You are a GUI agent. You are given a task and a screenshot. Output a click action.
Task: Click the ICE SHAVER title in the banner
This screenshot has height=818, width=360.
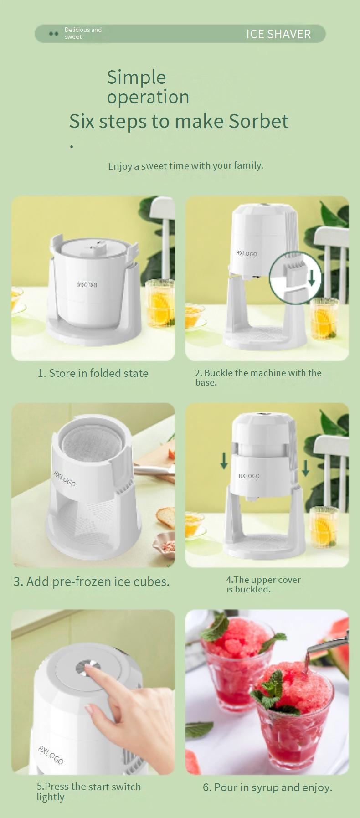[x=278, y=34]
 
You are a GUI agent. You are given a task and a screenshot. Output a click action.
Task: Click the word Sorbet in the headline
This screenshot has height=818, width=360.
[x=258, y=121]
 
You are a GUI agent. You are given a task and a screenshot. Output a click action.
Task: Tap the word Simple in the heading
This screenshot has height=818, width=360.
[x=136, y=77]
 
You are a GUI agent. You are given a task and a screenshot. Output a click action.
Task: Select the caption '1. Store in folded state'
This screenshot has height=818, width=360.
[x=93, y=373]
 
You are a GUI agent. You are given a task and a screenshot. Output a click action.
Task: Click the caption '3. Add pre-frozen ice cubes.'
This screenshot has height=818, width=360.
[x=92, y=581]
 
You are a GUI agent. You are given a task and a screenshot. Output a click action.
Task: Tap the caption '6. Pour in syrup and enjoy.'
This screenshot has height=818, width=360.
[x=267, y=787]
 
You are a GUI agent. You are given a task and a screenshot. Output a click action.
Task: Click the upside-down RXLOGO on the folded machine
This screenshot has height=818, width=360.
[x=87, y=285]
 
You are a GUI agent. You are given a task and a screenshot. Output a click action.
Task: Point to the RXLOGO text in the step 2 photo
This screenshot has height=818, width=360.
[x=247, y=253]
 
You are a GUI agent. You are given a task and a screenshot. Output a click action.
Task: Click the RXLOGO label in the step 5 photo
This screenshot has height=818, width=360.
[x=51, y=755]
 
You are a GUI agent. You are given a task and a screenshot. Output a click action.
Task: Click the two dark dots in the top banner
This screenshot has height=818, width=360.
[x=54, y=34]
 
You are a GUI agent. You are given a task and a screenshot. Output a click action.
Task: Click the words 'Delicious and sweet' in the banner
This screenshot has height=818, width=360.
[x=83, y=33]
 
